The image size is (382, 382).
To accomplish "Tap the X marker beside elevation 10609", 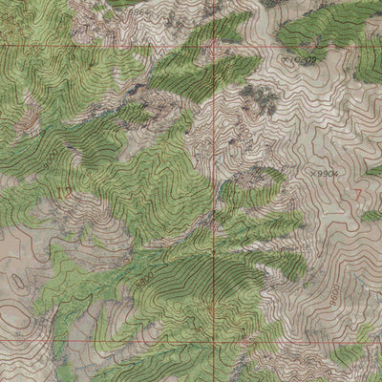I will pyautogui.click(x=290, y=60).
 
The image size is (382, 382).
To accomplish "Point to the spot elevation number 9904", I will pyautogui.click(x=327, y=175).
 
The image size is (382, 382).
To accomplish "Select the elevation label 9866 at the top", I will pyautogui.click(x=141, y=14).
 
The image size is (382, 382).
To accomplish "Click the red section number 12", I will pyautogui.click(x=66, y=194).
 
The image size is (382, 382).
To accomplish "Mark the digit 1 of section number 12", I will pyautogui.click(x=61, y=194).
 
